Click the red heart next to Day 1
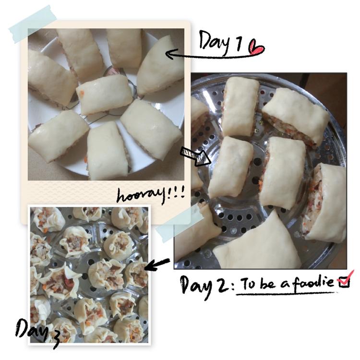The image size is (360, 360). [256, 48]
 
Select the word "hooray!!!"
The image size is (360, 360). [150, 195]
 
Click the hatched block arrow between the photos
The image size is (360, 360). [195, 156]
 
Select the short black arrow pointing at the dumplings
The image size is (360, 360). [157, 264]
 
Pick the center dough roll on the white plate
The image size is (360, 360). [105, 94]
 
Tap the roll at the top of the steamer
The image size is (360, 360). [240, 106]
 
